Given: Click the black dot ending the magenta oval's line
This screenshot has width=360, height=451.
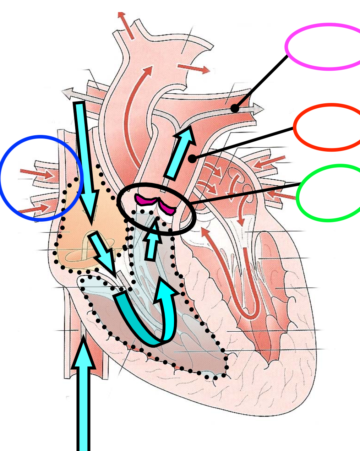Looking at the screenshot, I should pos(235,108).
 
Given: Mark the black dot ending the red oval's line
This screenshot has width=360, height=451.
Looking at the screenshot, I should pos(192,159).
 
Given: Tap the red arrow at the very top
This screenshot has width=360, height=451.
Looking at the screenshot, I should pos(126,25).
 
